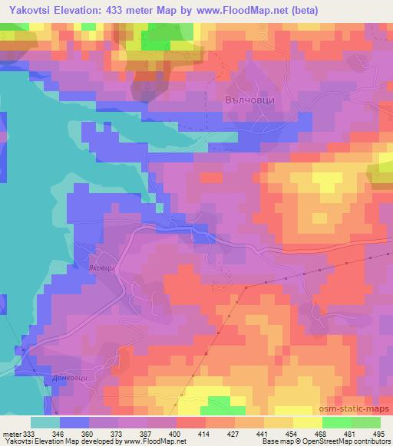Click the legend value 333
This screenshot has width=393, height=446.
click(x=30, y=433)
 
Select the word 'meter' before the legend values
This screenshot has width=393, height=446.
click(x=11, y=433)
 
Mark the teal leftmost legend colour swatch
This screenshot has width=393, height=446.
click(x=45, y=422)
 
